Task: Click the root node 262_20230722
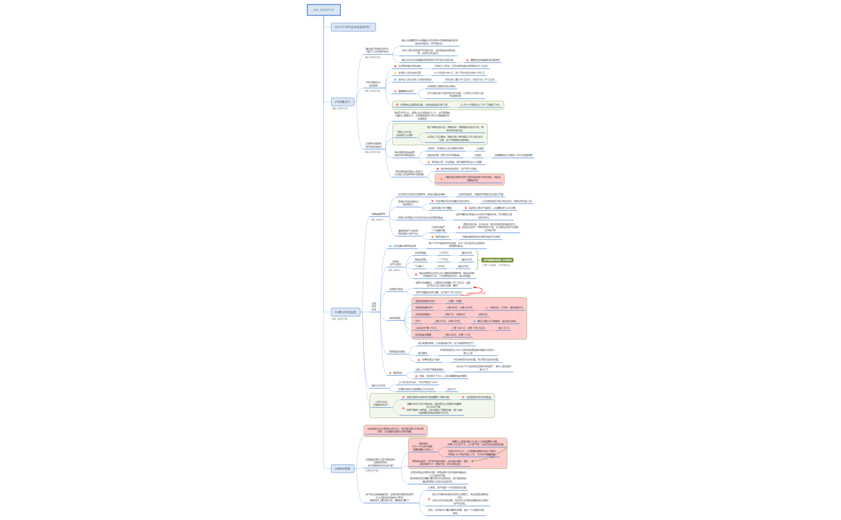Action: [324, 10]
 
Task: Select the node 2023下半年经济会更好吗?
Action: [353, 27]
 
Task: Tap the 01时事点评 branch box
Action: [342, 102]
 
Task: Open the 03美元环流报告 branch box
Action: [345, 312]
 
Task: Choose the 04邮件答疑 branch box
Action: [342, 468]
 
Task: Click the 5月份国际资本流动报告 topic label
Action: [373, 84]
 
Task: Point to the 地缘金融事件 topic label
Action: [378, 214]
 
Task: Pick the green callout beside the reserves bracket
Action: [497, 260]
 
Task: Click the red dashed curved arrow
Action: [479, 290]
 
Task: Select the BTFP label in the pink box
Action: [418, 321]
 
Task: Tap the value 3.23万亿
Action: [444, 253]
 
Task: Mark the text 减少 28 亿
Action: [503, 328]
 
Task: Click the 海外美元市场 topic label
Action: [378, 386]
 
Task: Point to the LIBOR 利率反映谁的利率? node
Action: [381, 403]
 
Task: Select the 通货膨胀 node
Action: [397, 373]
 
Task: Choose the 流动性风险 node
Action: [394, 318]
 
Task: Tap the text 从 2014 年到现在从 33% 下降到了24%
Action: [480, 105]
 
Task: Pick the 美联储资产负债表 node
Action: [395, 263]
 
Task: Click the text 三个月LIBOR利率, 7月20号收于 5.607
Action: [418, 382]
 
